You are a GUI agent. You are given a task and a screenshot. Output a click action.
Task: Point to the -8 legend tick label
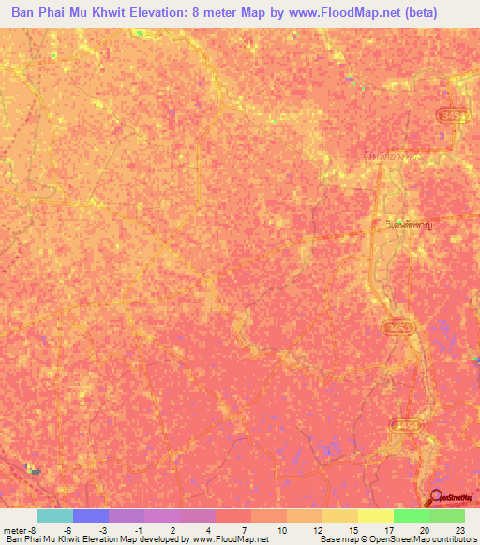25,529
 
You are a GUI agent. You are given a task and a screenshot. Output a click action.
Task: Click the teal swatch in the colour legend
55,516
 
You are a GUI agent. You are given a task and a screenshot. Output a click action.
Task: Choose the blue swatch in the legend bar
91,516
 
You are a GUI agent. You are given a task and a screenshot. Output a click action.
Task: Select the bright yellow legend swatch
375,516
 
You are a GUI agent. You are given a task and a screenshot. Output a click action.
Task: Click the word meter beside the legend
13,529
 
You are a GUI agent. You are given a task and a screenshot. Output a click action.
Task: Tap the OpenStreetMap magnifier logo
436,497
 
